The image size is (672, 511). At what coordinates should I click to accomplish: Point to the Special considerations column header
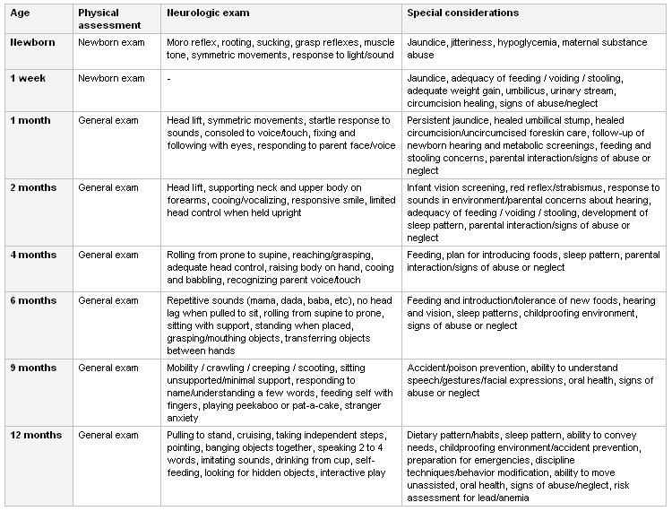[x=462, y=13]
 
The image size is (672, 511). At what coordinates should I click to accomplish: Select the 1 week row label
[x=29, y=79]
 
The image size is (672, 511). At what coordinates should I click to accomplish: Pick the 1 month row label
[x=30, y=120]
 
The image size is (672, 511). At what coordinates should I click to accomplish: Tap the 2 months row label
[x=33, y=187]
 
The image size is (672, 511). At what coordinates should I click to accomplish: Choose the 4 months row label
[x=33, y=255]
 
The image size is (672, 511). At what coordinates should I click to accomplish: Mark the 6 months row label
[x=33, y=300]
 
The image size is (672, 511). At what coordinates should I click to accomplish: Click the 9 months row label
[x=33, y=368]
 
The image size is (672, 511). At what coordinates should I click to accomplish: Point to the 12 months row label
[x=36, y=435]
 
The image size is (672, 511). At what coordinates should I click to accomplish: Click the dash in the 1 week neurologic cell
[x=168, y=79]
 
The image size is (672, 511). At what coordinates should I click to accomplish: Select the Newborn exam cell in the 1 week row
[x=111, y=79]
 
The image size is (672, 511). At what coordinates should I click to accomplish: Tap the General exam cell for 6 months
[x=108, y=300]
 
